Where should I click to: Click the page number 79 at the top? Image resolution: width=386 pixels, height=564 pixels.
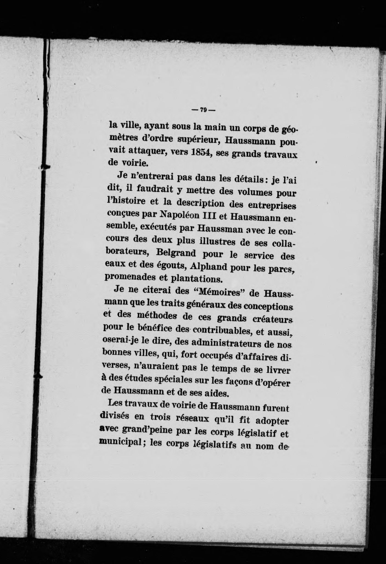[203, 110]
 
